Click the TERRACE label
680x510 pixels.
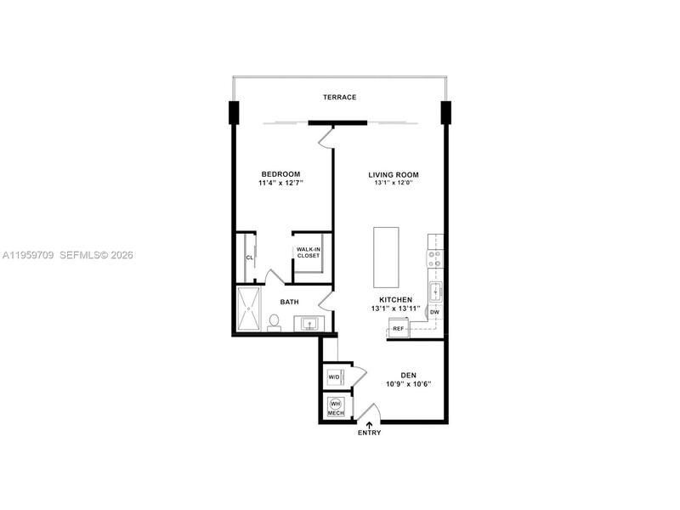click(339, 97)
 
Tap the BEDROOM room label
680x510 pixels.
click(280, 174)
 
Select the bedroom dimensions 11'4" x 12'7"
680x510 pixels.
click(280, 183)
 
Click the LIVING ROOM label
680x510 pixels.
click(394, 175)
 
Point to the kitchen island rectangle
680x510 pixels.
click(386, 257)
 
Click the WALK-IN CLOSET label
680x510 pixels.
click(309, 252)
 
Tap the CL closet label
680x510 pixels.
click(249, 258)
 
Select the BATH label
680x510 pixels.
click(289, 302)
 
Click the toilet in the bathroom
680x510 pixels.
click(274, 323)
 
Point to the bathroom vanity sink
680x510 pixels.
click(309, 324)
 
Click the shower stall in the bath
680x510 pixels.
click(249, 309)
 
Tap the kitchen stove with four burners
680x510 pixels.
click(435, 258)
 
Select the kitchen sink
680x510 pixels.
click(435, 292)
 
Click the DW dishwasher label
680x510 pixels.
click(434, 312)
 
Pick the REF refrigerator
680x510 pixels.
click(399, 328)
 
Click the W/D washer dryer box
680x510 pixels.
click(335, 377)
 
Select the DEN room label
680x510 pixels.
click(409, 376)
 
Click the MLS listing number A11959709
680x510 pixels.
click(28, 256)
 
